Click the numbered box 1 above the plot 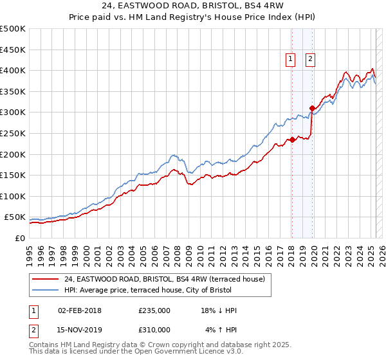click(291, 59)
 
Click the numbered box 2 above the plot click(310, 59)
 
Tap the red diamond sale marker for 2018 click(291, 139)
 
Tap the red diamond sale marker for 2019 click(312, 108)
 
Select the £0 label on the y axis click(19, 238)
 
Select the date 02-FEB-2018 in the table click(80, 310)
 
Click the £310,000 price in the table click(154, 330)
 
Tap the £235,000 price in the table click(154, 310)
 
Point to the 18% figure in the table click(210, 310)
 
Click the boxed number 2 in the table click(32, 330)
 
